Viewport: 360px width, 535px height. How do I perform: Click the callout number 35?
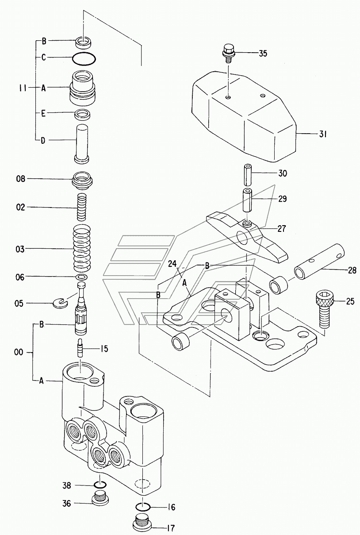[263, 53]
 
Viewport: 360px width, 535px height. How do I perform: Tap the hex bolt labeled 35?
[229, 53]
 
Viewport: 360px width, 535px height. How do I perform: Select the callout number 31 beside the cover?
[322, 134]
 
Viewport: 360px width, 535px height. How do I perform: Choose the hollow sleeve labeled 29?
[248, 200]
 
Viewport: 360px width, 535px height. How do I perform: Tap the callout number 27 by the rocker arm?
[281, 229]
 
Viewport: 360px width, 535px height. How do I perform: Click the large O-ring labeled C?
[84, 58]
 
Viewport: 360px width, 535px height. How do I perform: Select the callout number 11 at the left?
[23, 88]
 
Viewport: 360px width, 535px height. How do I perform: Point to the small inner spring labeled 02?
[82, 207]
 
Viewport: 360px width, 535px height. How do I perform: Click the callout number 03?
[20, 249]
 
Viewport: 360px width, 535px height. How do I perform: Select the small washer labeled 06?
[81, 277]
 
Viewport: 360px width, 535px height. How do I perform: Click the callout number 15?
[103, 349]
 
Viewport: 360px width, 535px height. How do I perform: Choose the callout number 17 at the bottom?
[170, 528]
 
